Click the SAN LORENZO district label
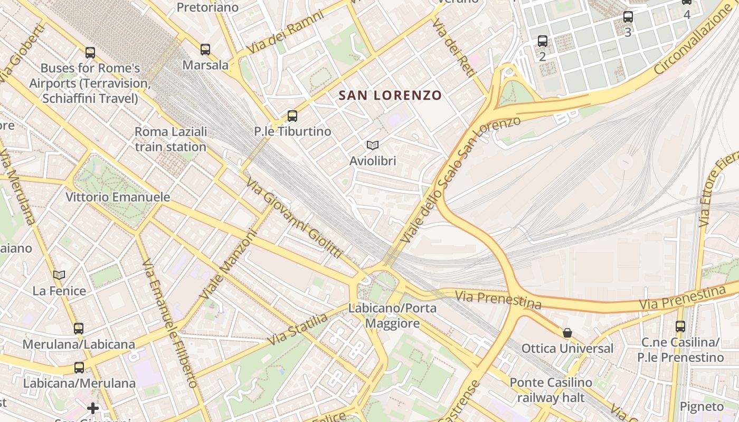[390, 95]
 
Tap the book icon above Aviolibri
[373, 145]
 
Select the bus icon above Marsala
[205, 50]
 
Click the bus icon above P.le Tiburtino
[292, 116]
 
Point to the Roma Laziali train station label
[170, 139]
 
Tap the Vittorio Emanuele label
[118, 197]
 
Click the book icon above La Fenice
[59, 275]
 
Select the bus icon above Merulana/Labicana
[79, 328]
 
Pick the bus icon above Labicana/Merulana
[79, 368]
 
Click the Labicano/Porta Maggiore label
[392, 315]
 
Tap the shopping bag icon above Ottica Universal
[567, 333]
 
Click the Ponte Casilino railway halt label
[551, 390]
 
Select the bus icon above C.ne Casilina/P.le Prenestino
[680, 327]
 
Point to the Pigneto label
[702, 407]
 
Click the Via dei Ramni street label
[285, 32]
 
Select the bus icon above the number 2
[543, 41]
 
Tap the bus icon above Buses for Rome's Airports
[90, 53]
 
